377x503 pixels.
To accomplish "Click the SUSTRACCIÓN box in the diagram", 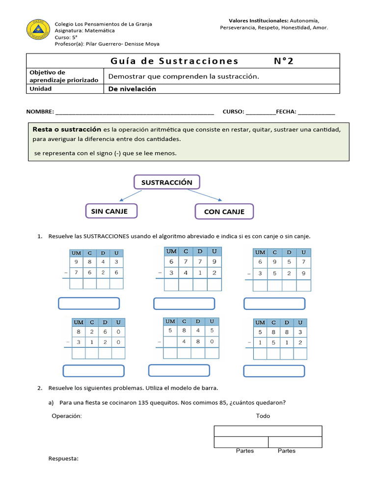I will tap(167, 182).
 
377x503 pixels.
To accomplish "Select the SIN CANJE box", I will tap(111, 211).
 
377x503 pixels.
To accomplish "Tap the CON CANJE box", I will tap(224, 212).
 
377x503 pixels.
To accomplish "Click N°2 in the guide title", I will tap(285, 61).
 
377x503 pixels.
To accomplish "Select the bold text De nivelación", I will tap(132, 89).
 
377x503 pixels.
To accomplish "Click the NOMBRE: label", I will tap(40, 112).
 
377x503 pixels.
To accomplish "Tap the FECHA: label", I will tap(286, 112).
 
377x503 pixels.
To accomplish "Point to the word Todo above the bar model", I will tap(263, 416).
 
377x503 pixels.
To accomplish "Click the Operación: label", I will tap(67, 416).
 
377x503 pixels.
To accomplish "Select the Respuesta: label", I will tap(63, 458).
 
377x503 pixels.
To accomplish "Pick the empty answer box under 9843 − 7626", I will tap(89, 304).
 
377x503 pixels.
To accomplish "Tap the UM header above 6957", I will tap(260, 252).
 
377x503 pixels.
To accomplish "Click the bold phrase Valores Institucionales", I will tap(258, 21).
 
